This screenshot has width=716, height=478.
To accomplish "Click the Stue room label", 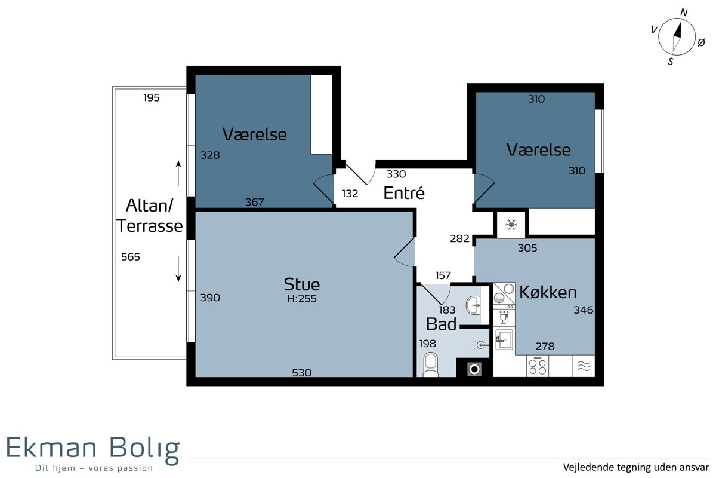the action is pyautogui.click(x=301, y=284).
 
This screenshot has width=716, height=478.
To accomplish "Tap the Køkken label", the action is pyautogui.click(x=548, y=292).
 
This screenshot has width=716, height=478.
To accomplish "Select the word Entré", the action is pyautogui.click(x=404, y=193).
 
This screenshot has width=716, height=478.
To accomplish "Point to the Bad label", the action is pyautogui.click(x=441, y=324).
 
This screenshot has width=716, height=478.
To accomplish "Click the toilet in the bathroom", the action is pyautogui.click(x=431, y=364).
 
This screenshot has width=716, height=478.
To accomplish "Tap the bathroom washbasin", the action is pyautogui.click(x=473, y=305).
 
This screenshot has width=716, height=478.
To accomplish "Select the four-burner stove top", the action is pyautogui.click(x=538, y=366).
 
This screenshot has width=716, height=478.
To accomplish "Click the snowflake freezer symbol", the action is pyautogui.click(x=511, y=225).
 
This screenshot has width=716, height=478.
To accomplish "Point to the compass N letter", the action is pyautogui.click(x=684, y=13).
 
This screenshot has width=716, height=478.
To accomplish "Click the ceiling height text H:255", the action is pyautogui.click(x=301, y=298).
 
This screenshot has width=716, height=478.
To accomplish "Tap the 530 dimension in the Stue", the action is pyautogui.click(x=301, y=373).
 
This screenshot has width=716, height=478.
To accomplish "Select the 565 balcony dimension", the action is pyautogui.click(x=131, y=257).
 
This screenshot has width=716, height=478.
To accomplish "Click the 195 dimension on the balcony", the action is pyautogui.click(x=151, y=97).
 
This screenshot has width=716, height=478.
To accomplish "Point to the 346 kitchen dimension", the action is pyautogui.click(x=583, y=310).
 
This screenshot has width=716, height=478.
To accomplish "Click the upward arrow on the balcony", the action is pyautogui.click(x=178, y=173).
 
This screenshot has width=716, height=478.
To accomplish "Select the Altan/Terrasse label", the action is pyautogui.click(x=149, y=216).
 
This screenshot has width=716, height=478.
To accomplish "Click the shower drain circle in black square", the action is pyautogui.click(x=474, y=370).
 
